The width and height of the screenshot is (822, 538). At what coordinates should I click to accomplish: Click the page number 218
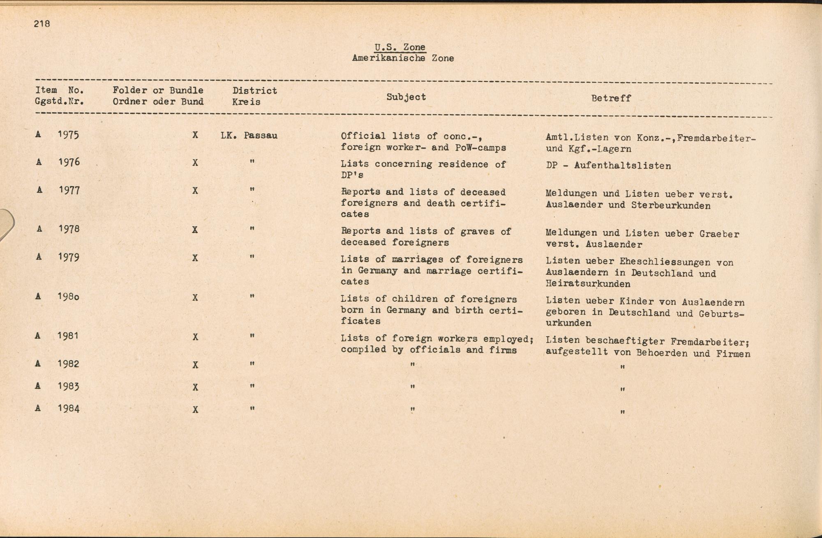tap(42, 24)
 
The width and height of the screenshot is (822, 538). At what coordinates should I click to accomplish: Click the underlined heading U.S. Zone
tap(400, 47)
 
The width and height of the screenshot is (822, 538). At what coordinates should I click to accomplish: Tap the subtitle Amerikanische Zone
tap(403, 58)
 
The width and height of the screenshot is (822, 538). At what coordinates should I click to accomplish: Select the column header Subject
tap(406, 97)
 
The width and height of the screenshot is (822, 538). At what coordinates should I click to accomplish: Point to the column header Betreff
tap(611, 98)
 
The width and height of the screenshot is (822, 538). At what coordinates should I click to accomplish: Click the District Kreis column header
tap(254, 96)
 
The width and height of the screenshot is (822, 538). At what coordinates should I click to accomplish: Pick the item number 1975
tap(69, 135)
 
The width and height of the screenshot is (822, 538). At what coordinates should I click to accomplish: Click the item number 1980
tap(69, 297)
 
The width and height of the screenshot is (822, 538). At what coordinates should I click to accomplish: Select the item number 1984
tap(69, 409)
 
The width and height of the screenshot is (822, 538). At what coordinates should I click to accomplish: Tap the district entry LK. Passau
tap(249, 135)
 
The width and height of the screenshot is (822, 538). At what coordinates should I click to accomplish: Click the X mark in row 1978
tap(195, 230)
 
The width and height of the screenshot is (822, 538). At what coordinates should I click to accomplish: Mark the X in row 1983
tap(195, 387)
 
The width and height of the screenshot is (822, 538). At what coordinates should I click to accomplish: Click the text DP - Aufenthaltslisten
tap(608, 166)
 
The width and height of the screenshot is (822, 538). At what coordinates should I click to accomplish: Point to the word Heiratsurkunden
tap(588, 284)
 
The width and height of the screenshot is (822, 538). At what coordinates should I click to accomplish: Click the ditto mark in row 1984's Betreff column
tap(623, 412)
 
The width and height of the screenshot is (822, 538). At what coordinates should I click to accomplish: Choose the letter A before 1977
tap(39, 190)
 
